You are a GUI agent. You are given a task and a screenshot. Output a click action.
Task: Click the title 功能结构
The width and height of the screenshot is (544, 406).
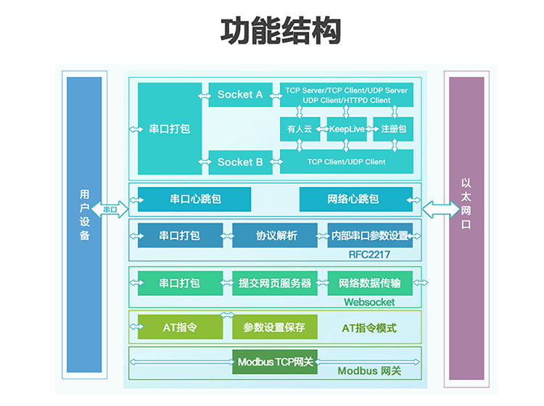(281, 31)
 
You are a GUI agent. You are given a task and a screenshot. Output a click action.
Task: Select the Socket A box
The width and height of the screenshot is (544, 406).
(240, 94)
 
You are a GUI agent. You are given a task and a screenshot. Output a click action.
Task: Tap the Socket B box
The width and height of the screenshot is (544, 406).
(240, 162)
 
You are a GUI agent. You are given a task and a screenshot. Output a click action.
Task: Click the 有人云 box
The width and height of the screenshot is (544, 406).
(300, 129)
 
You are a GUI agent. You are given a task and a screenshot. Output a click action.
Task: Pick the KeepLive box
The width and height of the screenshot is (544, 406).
(347, 129)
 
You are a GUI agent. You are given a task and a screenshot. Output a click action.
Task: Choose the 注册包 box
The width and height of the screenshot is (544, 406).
(393, 129)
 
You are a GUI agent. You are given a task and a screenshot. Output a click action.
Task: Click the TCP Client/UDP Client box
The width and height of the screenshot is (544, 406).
(347, 162)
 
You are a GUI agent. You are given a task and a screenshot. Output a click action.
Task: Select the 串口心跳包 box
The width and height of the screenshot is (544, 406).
(194, 199)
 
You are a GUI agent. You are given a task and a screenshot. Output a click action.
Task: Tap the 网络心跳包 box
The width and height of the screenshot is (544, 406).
(356, 199)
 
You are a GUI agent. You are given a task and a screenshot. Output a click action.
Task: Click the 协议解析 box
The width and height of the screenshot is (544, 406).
(275, 236)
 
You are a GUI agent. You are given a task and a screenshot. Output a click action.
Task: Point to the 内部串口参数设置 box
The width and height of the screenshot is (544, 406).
(370, 236)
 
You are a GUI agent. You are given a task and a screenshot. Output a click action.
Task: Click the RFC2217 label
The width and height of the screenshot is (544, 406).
(369, 254)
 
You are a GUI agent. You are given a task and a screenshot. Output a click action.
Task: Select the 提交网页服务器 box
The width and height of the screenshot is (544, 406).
(275, 283)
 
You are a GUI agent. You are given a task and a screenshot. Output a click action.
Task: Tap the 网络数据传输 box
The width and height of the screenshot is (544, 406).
(370, 283)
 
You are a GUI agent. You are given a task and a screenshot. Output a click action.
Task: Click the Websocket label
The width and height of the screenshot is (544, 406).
(369, 302)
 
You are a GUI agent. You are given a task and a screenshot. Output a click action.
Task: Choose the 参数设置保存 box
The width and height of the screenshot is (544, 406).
(275, 327)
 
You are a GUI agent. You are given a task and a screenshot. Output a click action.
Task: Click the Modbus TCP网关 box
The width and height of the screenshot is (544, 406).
(275, 362)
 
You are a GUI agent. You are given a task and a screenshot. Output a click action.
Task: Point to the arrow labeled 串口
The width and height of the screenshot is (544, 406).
(110, 210)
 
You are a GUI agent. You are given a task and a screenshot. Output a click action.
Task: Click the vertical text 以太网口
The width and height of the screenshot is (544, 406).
(466, 204)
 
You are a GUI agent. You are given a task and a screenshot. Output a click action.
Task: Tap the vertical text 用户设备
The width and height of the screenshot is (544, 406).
(85, 215)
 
